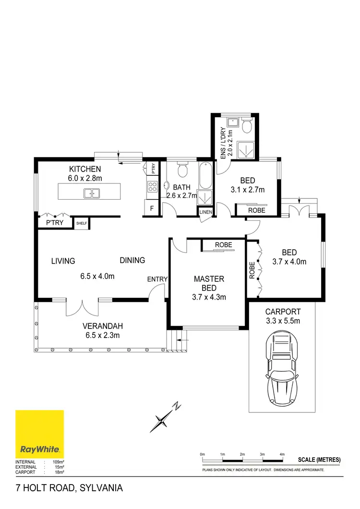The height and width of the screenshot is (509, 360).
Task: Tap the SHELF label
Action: coord(82,223)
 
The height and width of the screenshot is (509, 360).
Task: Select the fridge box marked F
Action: coord(152,208)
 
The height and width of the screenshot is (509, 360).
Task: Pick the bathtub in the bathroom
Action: coord(204,177)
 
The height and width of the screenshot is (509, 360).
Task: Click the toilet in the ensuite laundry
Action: coord(247,127)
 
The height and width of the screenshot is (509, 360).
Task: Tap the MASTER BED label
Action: coord(209,283)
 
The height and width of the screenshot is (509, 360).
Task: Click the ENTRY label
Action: coord(157,279)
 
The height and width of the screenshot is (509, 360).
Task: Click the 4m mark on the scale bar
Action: coord(282,454)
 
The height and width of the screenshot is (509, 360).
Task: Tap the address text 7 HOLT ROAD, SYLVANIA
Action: coord(69,488)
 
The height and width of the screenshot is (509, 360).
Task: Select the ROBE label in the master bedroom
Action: coord(223,245)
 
